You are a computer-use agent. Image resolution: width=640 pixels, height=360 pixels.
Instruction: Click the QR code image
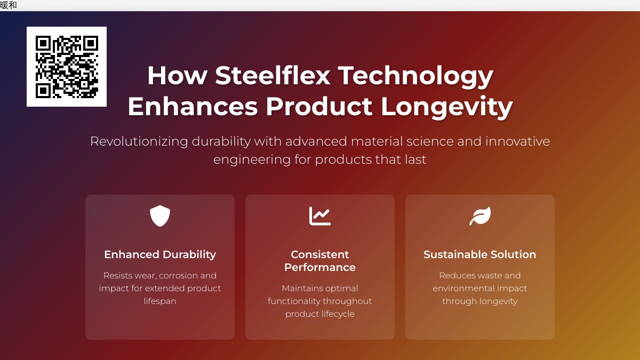pos(67,67)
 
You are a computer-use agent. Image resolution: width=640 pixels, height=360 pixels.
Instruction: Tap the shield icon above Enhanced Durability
pos(160,216)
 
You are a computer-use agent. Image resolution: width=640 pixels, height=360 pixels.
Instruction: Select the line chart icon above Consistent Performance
pos(320,216)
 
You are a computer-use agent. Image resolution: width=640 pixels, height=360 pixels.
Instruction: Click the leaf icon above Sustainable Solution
pos(480,216)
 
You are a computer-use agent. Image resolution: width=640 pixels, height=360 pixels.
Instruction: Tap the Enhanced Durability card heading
pos(160,254)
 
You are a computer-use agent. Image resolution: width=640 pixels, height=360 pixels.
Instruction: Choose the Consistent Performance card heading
pos(320,261)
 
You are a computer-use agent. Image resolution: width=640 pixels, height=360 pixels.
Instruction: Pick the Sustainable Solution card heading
pos(480,254)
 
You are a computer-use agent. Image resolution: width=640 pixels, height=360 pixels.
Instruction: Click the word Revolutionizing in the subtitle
pos(139,141)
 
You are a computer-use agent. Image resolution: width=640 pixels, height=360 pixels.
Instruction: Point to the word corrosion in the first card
pos(178,276)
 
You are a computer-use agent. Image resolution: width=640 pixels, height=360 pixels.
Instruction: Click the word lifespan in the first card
pos(160,301)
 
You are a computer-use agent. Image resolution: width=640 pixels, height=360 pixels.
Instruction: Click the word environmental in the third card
pos(465,289)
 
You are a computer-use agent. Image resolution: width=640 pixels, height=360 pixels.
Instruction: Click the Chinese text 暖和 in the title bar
pos(9,5)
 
